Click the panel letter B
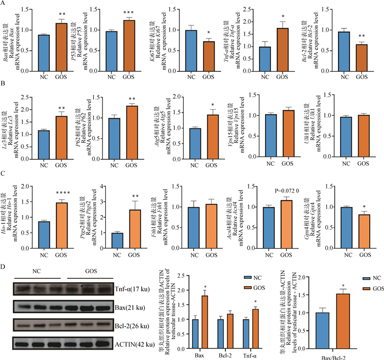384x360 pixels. (x=4, y=85)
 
